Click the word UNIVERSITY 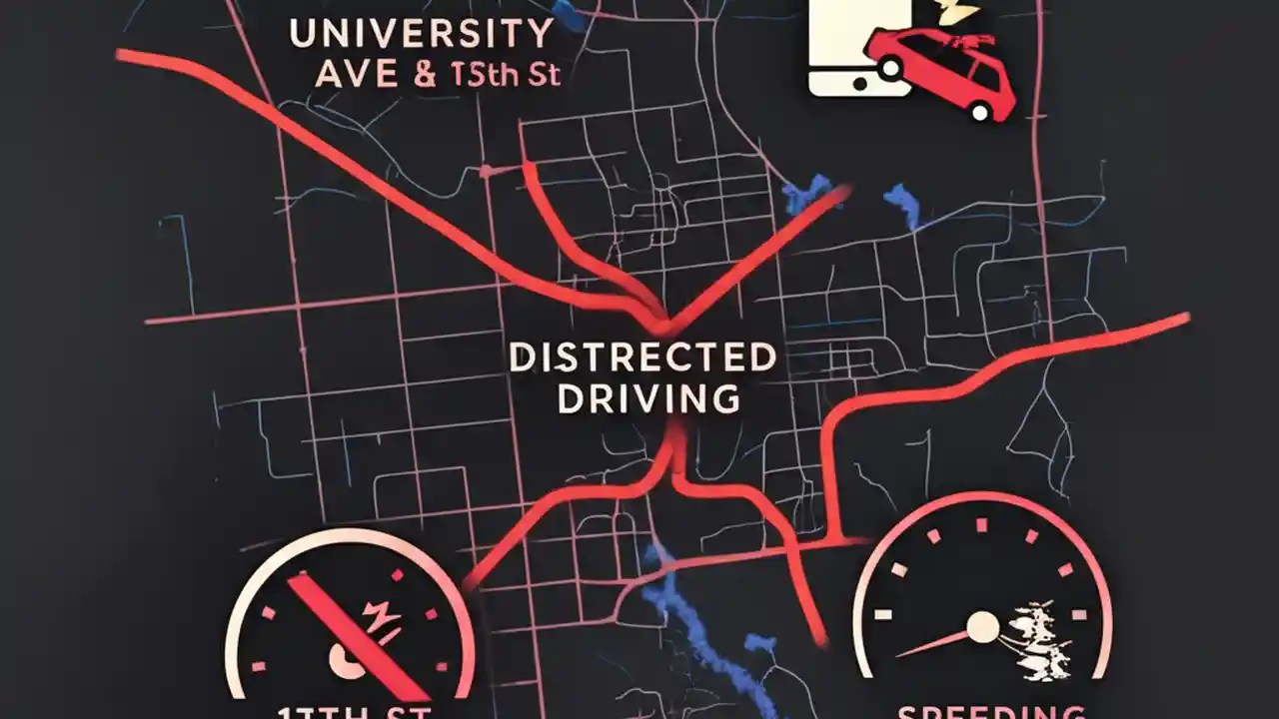[420, 34]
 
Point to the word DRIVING [647, 399]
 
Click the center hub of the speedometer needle [983, 627]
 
